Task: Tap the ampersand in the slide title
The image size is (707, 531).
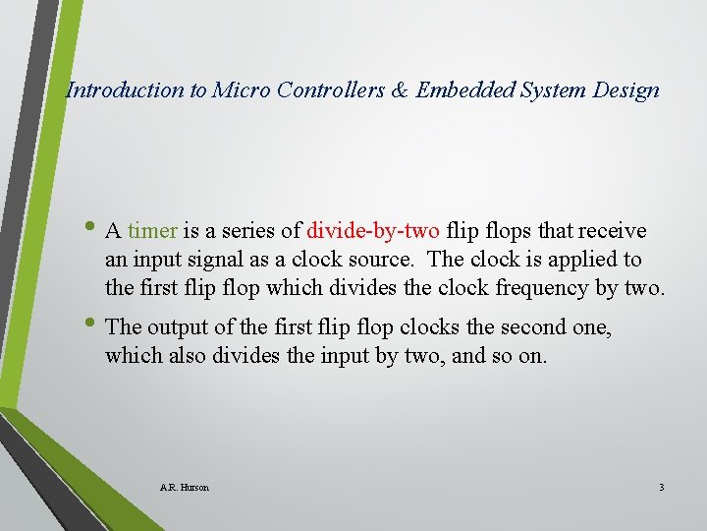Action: [399, 90]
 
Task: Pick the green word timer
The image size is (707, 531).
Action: [152, 231]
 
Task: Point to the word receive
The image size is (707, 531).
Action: [613, 231]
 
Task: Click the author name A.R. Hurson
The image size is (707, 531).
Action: [184, 487]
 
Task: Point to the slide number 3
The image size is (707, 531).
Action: [662, 487]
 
